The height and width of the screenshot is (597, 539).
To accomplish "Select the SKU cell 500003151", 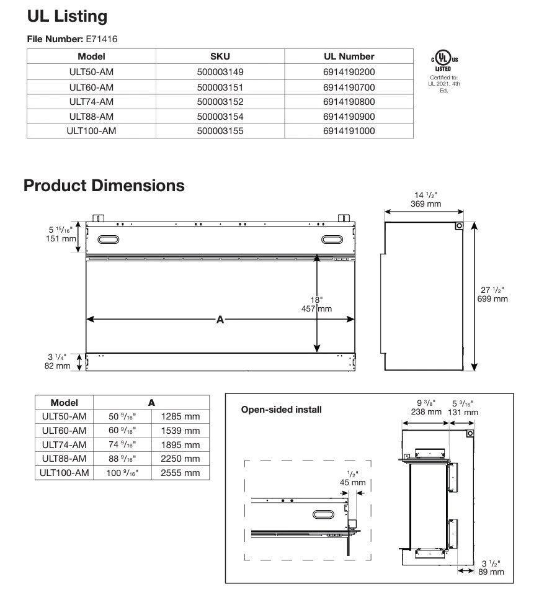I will [x=220, y=87].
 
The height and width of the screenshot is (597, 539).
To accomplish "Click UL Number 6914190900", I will [x=349, y=116].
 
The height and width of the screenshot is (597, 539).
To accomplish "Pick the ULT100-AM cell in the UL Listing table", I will [x=91, y=131].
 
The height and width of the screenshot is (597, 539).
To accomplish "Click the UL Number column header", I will [x=349, y=56].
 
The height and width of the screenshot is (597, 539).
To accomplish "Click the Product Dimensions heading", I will [x=104, y=185].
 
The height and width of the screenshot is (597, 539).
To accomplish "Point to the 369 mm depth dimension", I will [x=425, y=204].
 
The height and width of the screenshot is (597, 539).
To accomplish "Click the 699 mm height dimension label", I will [x=493, y=298].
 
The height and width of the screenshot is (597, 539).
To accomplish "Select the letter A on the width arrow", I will [x=220, y=320].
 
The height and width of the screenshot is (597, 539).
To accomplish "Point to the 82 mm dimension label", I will [x=58, y=366].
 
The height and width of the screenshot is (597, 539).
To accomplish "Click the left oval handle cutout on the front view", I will [x=108, y=240].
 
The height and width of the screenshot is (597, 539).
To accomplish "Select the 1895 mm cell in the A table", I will [x=180, y=445].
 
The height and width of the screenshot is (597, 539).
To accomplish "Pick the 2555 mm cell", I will [x=180, y=473].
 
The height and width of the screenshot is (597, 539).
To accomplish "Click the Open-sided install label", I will [x=281, y=410].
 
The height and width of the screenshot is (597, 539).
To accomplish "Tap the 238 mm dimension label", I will [x=426, y=411].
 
